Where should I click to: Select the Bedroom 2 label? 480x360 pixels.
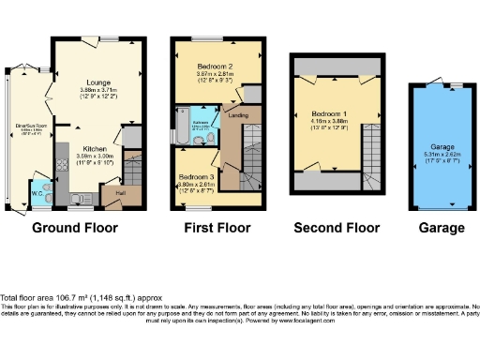tap(215, 67)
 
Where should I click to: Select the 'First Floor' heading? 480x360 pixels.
tap(215, 228)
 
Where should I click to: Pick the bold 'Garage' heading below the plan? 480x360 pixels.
tap(441, 228)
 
